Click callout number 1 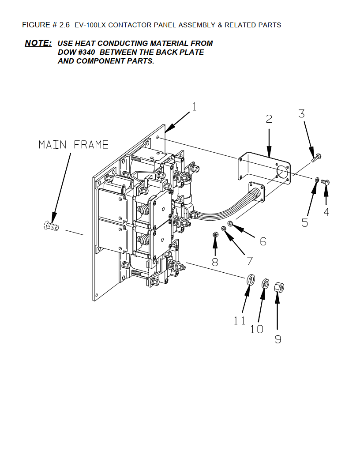[x=195, y=107]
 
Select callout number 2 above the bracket [x=269, y=119]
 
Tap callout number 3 [x=301, y=113]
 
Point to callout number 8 [x=215, y=262]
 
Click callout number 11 [x=239, y=320]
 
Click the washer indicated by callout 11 [x=251, y=279]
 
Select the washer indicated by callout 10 [x=266, y=284]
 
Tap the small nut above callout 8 [x=215, y=235]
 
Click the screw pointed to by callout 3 [x=316, y=158]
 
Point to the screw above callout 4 [x=325, y=182]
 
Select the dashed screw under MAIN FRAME [x=51, y=226]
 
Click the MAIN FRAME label [x=74, y=144]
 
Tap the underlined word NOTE [x=38, y=43]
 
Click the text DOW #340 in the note [x=76, y=52]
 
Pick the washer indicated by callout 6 [x=230, y=223]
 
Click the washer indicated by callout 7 [x=224, y=229]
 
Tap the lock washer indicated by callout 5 [x=317, y=180]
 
